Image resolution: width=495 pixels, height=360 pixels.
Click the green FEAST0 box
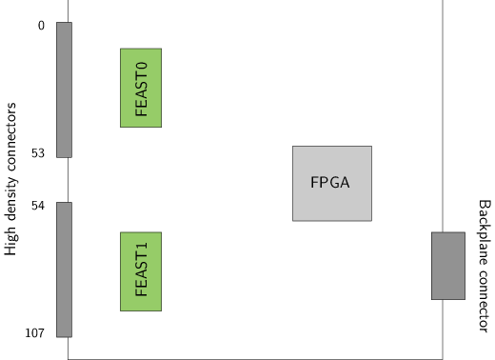coord(140,88)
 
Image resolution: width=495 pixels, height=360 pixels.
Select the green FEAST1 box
coord(140,271)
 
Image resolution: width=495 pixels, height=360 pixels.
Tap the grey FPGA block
coord(331,183)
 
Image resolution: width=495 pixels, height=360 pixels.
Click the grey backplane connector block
coord(447,266)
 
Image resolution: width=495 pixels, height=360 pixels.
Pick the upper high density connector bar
coord(64,90)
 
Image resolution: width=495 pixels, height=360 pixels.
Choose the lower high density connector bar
coord(64,270)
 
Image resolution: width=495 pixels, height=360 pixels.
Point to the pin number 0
coord(41,26)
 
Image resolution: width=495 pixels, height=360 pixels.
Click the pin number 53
coord(38,153)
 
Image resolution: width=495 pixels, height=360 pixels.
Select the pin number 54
coord(38,206)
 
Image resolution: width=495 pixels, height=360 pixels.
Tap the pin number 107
coord(35,333)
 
